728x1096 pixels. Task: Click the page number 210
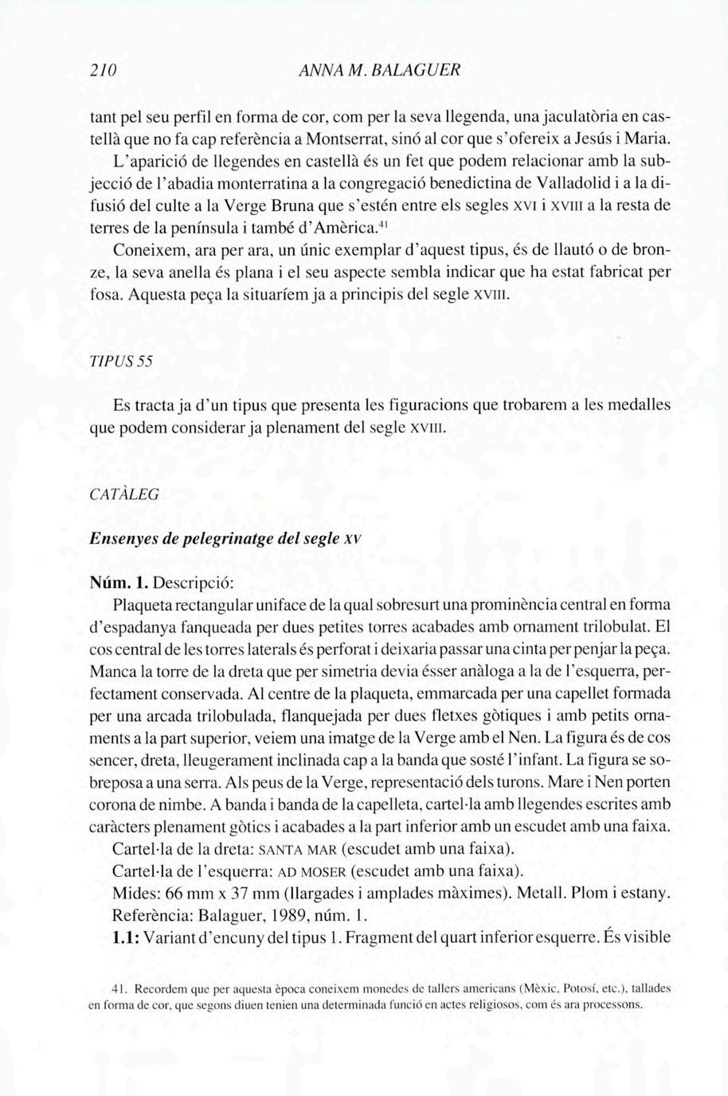coord(104,69)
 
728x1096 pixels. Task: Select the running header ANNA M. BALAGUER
coord(377,69)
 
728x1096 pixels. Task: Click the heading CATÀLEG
coord(124,494)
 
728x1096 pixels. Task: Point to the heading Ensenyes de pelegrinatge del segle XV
coord(226,538)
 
